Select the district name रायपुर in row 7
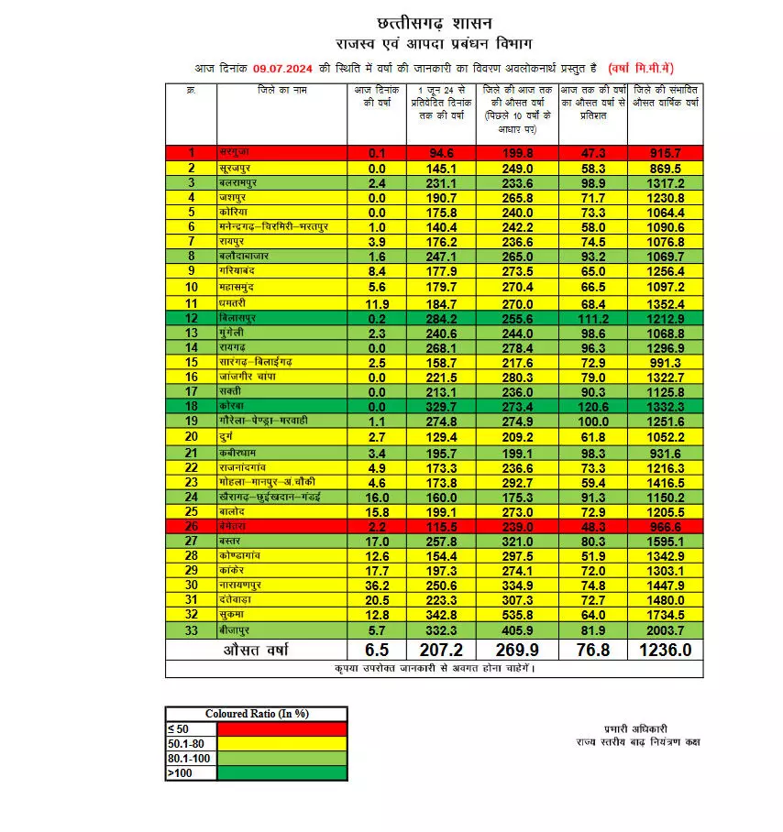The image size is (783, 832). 233,241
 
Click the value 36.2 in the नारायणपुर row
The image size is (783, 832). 376,585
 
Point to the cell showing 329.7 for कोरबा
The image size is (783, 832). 440,406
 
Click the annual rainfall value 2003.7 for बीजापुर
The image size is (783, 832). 665,629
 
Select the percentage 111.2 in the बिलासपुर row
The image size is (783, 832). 591,318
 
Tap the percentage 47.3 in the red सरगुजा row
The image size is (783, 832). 591,153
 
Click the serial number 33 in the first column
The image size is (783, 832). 192,629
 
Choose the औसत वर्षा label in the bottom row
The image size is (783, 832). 258,651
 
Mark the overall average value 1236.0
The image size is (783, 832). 665,651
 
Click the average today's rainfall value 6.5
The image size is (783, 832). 376,651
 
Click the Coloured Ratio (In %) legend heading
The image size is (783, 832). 256,714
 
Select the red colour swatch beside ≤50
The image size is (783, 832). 281,728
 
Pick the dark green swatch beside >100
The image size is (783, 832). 281,772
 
